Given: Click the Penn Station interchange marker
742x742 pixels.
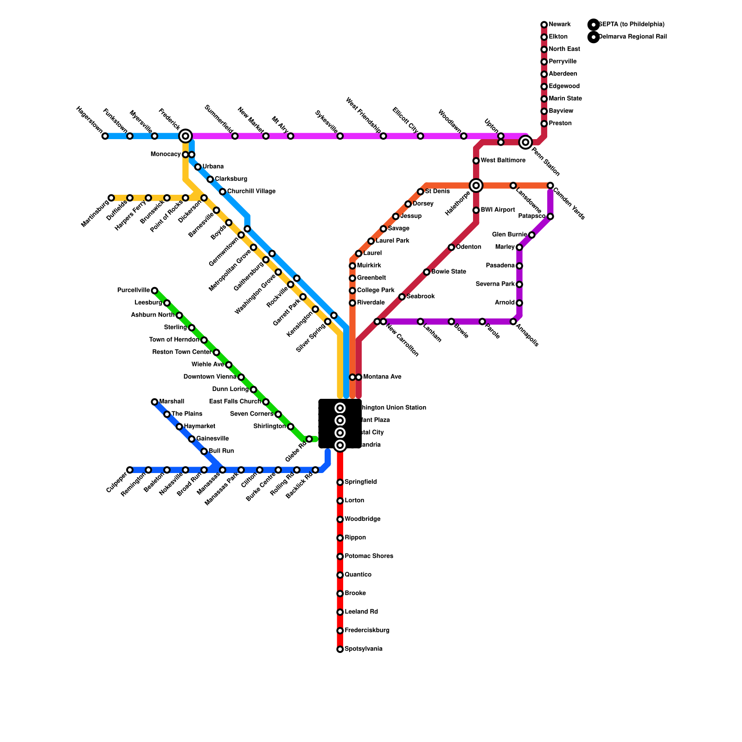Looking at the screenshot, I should pyautogui.click(x=525, y=142).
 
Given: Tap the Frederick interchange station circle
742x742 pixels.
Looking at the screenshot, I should pyautogui.click(x=185, y=136).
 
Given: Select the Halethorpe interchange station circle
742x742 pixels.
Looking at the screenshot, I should pyautogui.click(x=476, y=185).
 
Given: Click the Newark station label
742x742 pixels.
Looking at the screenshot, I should pyautogui.click(x=559, y=25).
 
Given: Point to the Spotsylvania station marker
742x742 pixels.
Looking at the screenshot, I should pyautogui.click(x=340, y=649).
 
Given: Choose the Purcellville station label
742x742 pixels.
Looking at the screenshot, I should pyautogui.click(x=134, y=290).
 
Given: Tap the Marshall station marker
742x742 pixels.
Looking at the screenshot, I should pyautogui.click(x=154, y=402).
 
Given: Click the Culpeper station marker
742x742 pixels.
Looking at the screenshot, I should pyautogui.click(x=130, y=470).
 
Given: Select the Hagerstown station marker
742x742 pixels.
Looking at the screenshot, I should pyautogui.click(x=105, y=136).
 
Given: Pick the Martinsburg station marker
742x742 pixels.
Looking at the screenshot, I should pyautogui.click(x=111, y=198).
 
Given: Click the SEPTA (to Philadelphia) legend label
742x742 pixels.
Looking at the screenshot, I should pyautogui.click(x=631, y=25).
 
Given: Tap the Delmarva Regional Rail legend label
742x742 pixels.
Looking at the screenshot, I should pyautogui.click(x=633, y=37).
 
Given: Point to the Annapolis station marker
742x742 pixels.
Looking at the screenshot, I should pyautogui.click(x=513, y=321).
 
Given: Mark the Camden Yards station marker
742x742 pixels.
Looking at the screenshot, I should pyautogui.click(x=550, y=185).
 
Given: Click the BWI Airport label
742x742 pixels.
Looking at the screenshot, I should pyautogui.click(x=498, y=210).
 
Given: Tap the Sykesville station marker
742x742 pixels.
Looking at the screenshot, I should pyautogui.click(x=340, y=136).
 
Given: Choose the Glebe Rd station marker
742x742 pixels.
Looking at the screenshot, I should pyautogui.click(x=309, y=439).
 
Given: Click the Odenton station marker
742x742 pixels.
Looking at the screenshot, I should pyautogui.click(x=451, y=247).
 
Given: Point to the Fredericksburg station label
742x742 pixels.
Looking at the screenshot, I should pyautogui.click(x=367, y=631).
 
